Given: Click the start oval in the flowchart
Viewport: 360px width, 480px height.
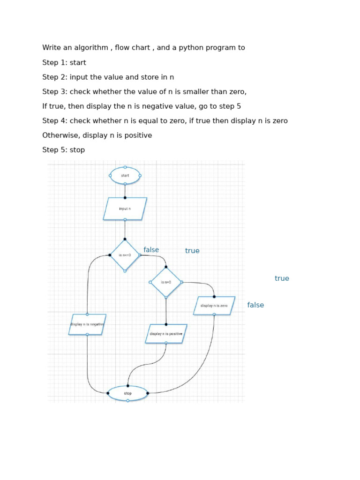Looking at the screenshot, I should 125,176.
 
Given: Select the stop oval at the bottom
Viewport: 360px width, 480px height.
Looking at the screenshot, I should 127,393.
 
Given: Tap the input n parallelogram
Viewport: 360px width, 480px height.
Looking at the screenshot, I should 125,209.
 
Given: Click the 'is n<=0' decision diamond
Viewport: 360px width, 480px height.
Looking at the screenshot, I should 125,255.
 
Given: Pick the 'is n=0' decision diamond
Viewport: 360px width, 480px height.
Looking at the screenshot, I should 166,282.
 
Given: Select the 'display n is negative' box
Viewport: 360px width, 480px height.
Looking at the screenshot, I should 87,324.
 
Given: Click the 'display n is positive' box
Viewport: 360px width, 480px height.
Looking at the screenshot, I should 166,334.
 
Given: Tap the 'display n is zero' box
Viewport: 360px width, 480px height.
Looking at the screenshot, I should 214,306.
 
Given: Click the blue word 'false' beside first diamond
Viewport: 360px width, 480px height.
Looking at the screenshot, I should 151,250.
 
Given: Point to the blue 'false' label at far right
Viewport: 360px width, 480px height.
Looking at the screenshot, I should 255,305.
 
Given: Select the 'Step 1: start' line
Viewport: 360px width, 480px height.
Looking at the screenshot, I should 64,62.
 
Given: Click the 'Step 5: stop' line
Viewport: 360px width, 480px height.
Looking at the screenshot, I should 64,150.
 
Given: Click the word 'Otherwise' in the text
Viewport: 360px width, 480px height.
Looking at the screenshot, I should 59,135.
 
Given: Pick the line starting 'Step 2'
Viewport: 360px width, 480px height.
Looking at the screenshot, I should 108,77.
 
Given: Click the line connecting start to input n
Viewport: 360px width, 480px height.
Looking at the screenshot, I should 125,191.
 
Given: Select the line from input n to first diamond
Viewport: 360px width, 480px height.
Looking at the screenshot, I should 125,230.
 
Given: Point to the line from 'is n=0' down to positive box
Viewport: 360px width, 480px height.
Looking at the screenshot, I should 166,310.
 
